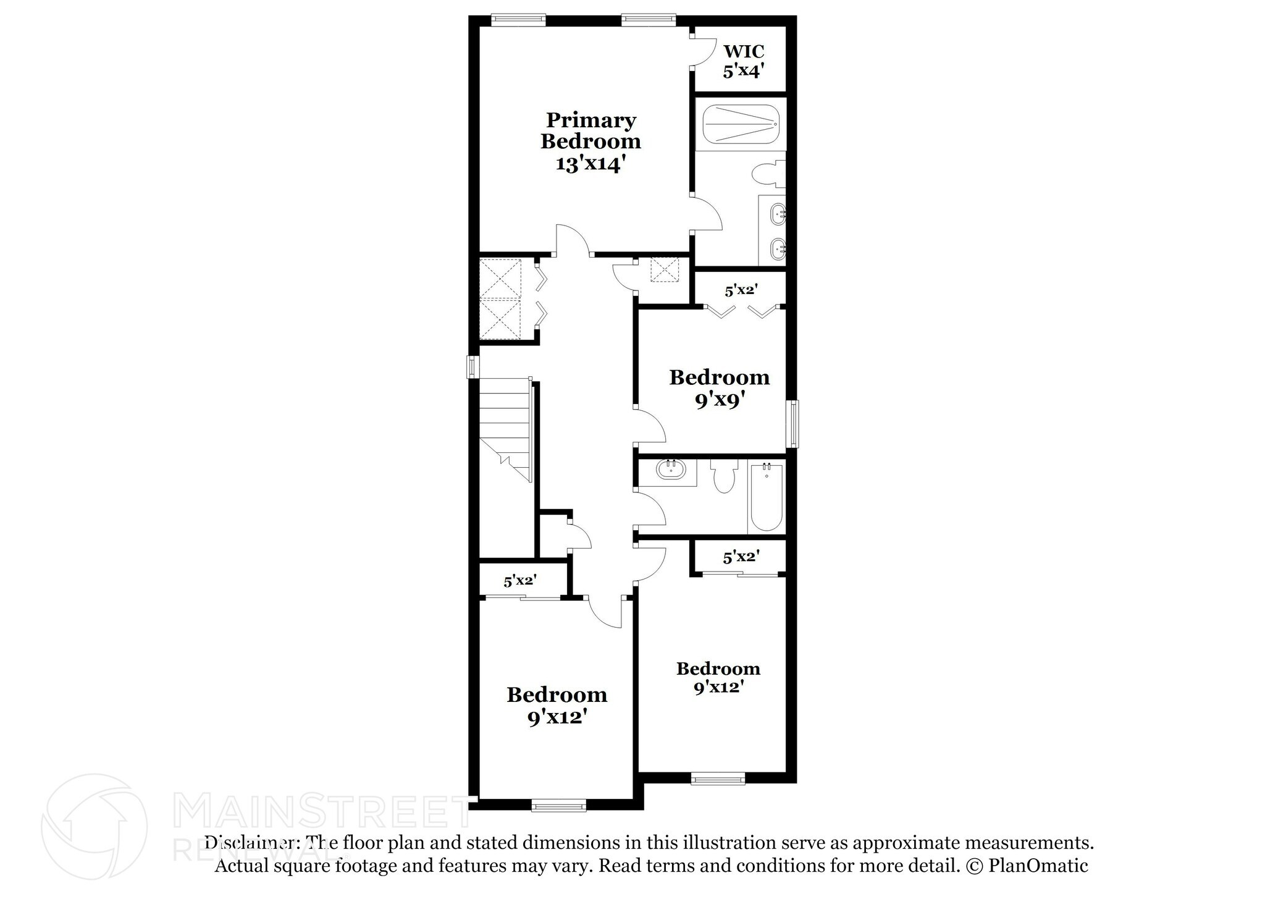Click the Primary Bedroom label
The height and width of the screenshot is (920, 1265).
click(590, 130)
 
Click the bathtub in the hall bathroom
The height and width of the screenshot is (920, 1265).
click(767, 497)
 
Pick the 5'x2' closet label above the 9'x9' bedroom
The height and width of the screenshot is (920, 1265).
click(741, 290)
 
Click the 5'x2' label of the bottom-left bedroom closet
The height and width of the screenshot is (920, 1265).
click(519, 581)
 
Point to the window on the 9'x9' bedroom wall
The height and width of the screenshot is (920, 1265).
click(792, 424)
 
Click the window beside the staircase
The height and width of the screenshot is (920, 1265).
click(473, 366)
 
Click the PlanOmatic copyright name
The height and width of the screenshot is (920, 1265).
click(1038, 865)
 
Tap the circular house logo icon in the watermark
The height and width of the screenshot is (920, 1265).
click(94, 827)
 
